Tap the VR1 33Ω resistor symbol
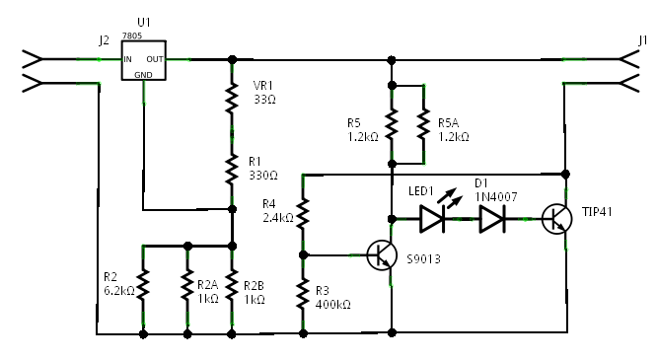[x=232, y=99]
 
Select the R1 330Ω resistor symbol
[x=232, y=170]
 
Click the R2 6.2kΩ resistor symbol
[x=143, y=285]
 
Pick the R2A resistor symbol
[x=187, y=285]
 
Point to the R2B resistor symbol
[x=232, y=285]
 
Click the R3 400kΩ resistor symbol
[x=303, y=293]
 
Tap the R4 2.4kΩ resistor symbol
[x=303, y=214]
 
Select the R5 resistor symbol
[x=392, y=124]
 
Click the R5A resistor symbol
[x=423, y=124]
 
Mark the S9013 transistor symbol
[x=382, y=255]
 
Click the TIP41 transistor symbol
[x=556, y=219]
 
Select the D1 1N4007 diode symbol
[x=492, y=219]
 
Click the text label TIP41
[x=597, y=212]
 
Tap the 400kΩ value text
[x=332, y=304]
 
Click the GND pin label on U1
[x=143, y=75]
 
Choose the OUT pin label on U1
[x=155, y=59]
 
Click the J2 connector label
[x=104, y=40]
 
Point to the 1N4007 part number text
[x=496, y=197]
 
